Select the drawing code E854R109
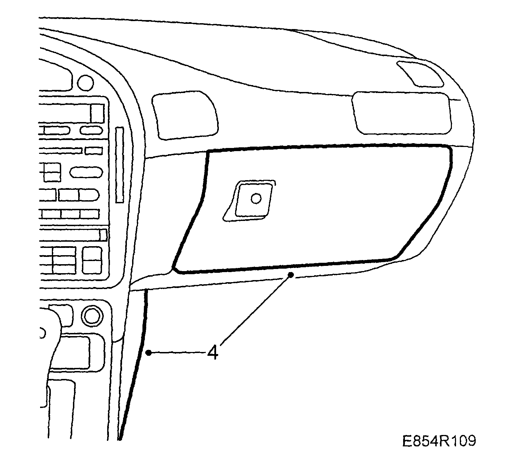tap(439, 441)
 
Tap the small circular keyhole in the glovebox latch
tap(256, 198)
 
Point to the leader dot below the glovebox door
tap(291, 275)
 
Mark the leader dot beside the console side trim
tap(149, 353)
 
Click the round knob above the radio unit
tap(85, 83)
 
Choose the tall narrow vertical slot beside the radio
tap(120, 165)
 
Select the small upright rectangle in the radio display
tap(97, 113)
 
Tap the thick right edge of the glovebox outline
tap(446, 194)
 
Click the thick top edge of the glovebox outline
tap(328, 147)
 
